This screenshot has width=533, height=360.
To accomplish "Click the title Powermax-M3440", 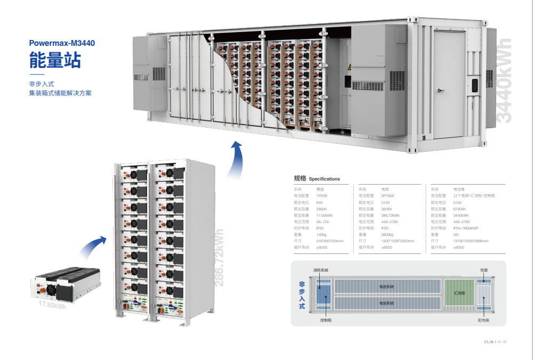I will (x=62, y=43).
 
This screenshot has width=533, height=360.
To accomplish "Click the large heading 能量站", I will (x=55, y=60).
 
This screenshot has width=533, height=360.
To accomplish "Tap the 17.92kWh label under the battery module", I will (x=52, y=306).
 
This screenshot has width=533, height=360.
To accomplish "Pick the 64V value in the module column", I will (x=320, y=203).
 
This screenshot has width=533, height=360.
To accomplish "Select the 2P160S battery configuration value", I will (x=387, y=195).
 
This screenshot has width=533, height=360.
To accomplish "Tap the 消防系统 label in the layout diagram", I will (x=321, y=270).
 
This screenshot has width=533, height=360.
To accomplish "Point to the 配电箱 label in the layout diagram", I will (x=483, y=321).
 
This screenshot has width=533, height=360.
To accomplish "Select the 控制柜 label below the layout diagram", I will (x=326, y=321).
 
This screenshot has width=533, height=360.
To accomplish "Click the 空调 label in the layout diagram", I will (x=484, y=270).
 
